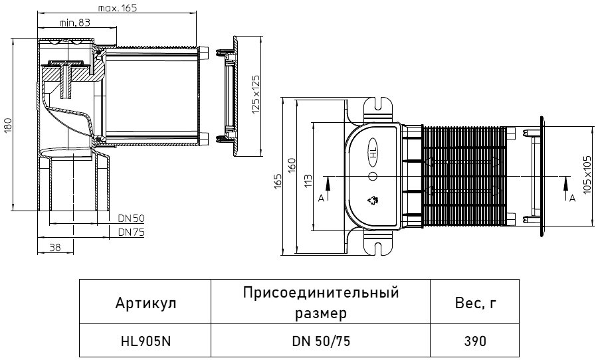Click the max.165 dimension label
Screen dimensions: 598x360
pos(117,7)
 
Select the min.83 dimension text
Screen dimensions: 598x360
pos(75,23)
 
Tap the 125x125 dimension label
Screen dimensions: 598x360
pos(256,94)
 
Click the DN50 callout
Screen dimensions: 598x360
pos(131,218)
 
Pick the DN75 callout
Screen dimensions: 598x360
pos(131,232)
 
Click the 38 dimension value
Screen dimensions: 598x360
pos(55,248)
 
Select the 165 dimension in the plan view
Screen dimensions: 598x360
pos(278,181)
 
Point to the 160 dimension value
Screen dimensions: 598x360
pos(292,165)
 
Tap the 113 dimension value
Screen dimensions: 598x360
pos(308,181)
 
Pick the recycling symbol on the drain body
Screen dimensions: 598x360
pos(373,199)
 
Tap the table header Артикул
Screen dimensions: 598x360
pos(146,304)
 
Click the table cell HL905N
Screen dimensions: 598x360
pos(146,341)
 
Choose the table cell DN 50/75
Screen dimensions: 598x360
pos(321,341)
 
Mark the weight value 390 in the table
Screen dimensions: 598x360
pos(475,341)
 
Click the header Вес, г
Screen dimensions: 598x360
pos(476,304)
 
